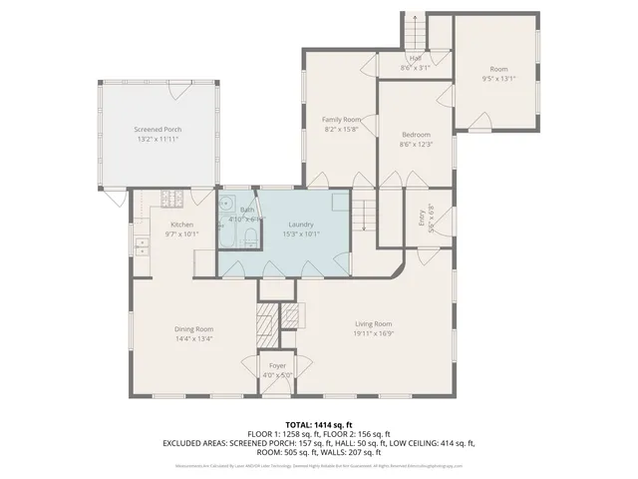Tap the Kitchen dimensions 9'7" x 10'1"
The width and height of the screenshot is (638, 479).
(182, 235)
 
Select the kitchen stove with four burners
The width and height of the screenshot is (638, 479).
(179, 197)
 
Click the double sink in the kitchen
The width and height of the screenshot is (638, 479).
(141, 245)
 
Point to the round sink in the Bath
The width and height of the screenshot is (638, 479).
(226, 203)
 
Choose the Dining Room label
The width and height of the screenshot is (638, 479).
(194, 328)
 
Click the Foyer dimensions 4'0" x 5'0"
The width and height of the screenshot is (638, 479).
(277, 375)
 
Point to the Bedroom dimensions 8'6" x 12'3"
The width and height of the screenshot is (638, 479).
(416, 146)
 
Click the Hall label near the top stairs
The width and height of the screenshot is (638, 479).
(414, 59)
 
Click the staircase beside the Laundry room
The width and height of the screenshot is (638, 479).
(367, 212)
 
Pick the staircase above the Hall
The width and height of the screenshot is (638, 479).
(416, 31)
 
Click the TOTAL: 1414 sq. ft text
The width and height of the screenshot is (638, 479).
(319, 425)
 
